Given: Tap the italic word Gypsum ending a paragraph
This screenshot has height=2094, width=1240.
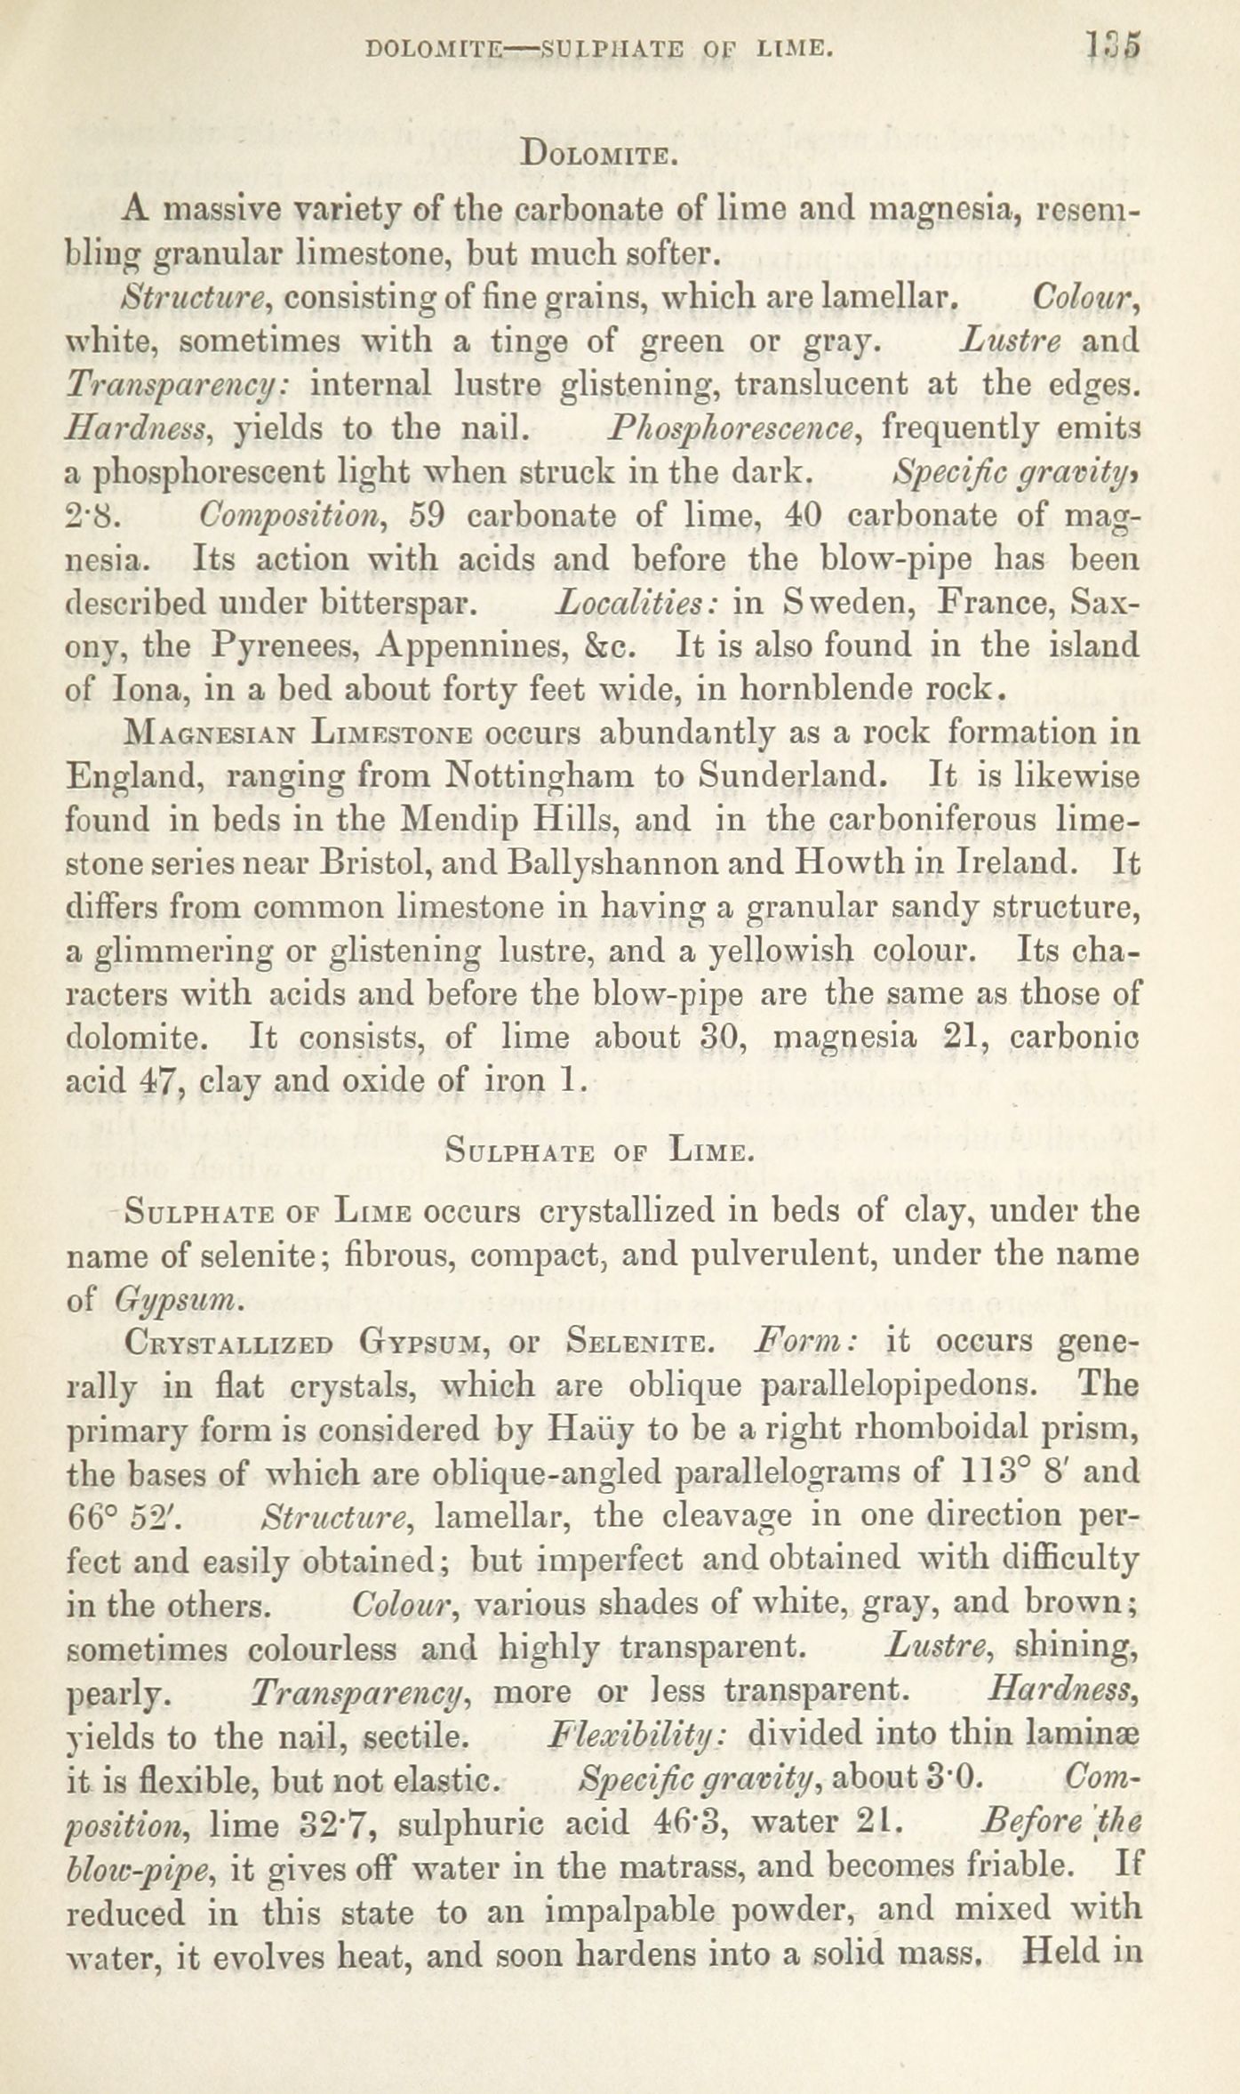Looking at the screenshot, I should pos(177,1300).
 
